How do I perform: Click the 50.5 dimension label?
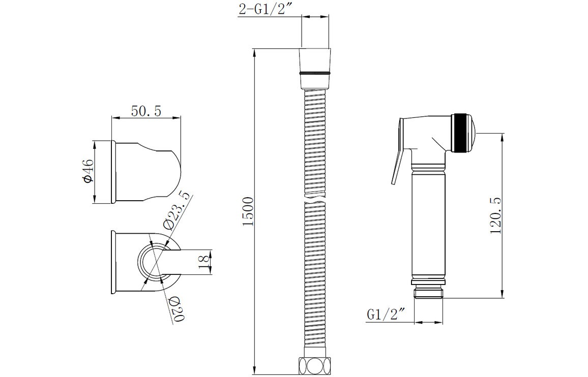pyautogui.click(x=146, y=111)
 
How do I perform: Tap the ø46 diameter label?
pyautogui.click(x=87, y=171)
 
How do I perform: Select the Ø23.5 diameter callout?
pyautogui.click(x=177, y=211)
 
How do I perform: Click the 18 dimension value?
pyautogui.click(x=204, y=262)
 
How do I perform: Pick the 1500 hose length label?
pyautogui.click(x=249, y=211)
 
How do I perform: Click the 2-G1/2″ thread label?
pyautogui.click(x=266, y=9)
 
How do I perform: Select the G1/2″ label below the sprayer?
pyautogui.click(x=387, y=314)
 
